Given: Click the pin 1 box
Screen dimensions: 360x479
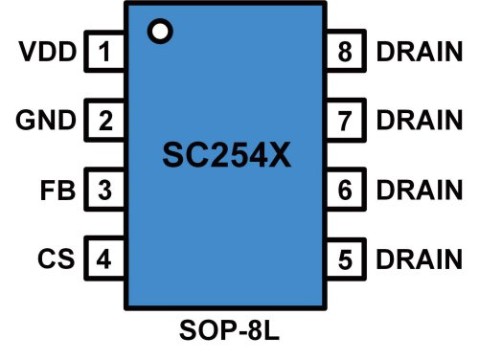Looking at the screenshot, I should [x=105, y=53].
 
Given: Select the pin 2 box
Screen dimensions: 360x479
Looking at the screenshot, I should [x=105, y=122].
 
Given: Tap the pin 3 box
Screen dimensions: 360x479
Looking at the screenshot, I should [x=105, y=190].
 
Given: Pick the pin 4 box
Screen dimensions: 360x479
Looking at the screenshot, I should [x=105, y=259].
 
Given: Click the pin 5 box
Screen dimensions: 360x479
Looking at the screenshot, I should [x=346, y=259].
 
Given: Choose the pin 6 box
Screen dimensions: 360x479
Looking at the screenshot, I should [x=346, y=190].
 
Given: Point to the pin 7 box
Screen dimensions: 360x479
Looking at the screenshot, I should [x=346, y=122].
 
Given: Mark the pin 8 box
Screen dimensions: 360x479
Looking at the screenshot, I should [x=346, y=53].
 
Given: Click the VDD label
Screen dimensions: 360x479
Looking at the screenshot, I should [x=47, y=53].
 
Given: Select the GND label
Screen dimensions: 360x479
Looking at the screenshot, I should [x=46, y=122].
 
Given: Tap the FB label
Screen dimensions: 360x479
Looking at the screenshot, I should [x=58, y=190].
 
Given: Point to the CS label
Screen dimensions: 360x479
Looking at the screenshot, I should [x=58, y=259].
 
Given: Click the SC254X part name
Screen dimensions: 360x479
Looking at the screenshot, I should [x=225, y=155].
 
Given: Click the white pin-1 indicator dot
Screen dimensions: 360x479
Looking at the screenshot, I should [x=160, y=31].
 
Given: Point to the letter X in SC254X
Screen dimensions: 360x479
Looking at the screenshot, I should [x=277, y=155].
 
